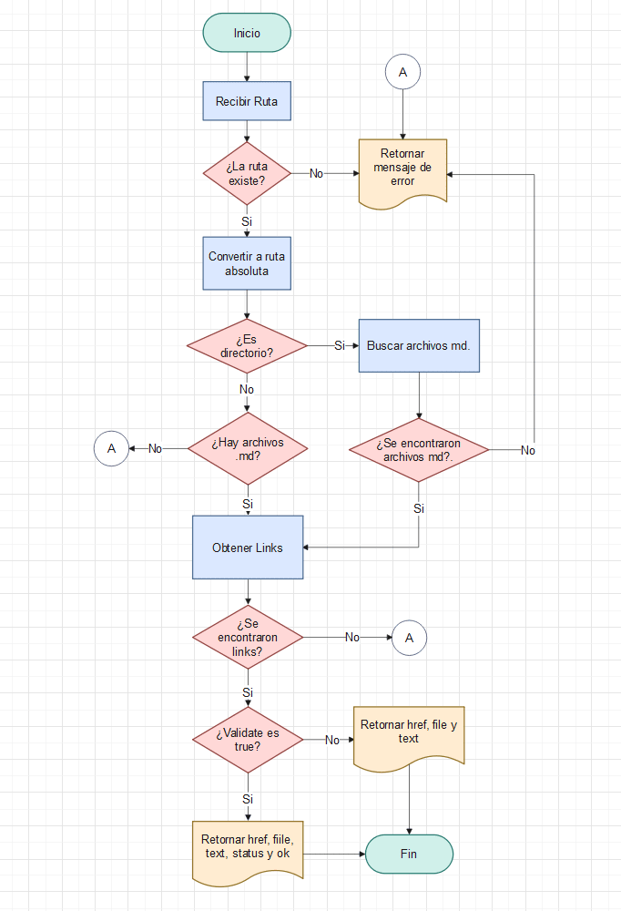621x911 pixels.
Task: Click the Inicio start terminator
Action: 247,33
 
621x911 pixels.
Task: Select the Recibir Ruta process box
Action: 247,101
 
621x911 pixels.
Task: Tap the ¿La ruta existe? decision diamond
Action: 247,173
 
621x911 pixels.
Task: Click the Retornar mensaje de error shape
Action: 402,169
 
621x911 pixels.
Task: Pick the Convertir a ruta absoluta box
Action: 247,263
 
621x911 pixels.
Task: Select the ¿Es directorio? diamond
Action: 247,345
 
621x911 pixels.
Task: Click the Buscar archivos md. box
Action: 419,345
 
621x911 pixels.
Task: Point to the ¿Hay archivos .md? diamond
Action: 247,448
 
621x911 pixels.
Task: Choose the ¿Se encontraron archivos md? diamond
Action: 419,450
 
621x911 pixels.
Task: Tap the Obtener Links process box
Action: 247,548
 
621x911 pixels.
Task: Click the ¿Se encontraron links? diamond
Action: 247,638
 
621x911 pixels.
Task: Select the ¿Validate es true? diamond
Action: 247,740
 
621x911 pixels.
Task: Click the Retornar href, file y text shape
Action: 409,736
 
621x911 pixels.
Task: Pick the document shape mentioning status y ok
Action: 247,850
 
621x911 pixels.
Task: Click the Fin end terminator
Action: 409,855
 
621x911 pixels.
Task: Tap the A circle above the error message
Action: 402,71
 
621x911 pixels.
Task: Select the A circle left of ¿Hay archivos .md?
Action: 111,448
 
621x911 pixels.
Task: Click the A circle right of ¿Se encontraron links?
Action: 409,638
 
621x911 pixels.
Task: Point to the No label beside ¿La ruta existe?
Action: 316,173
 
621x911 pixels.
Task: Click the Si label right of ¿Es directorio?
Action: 340,345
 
